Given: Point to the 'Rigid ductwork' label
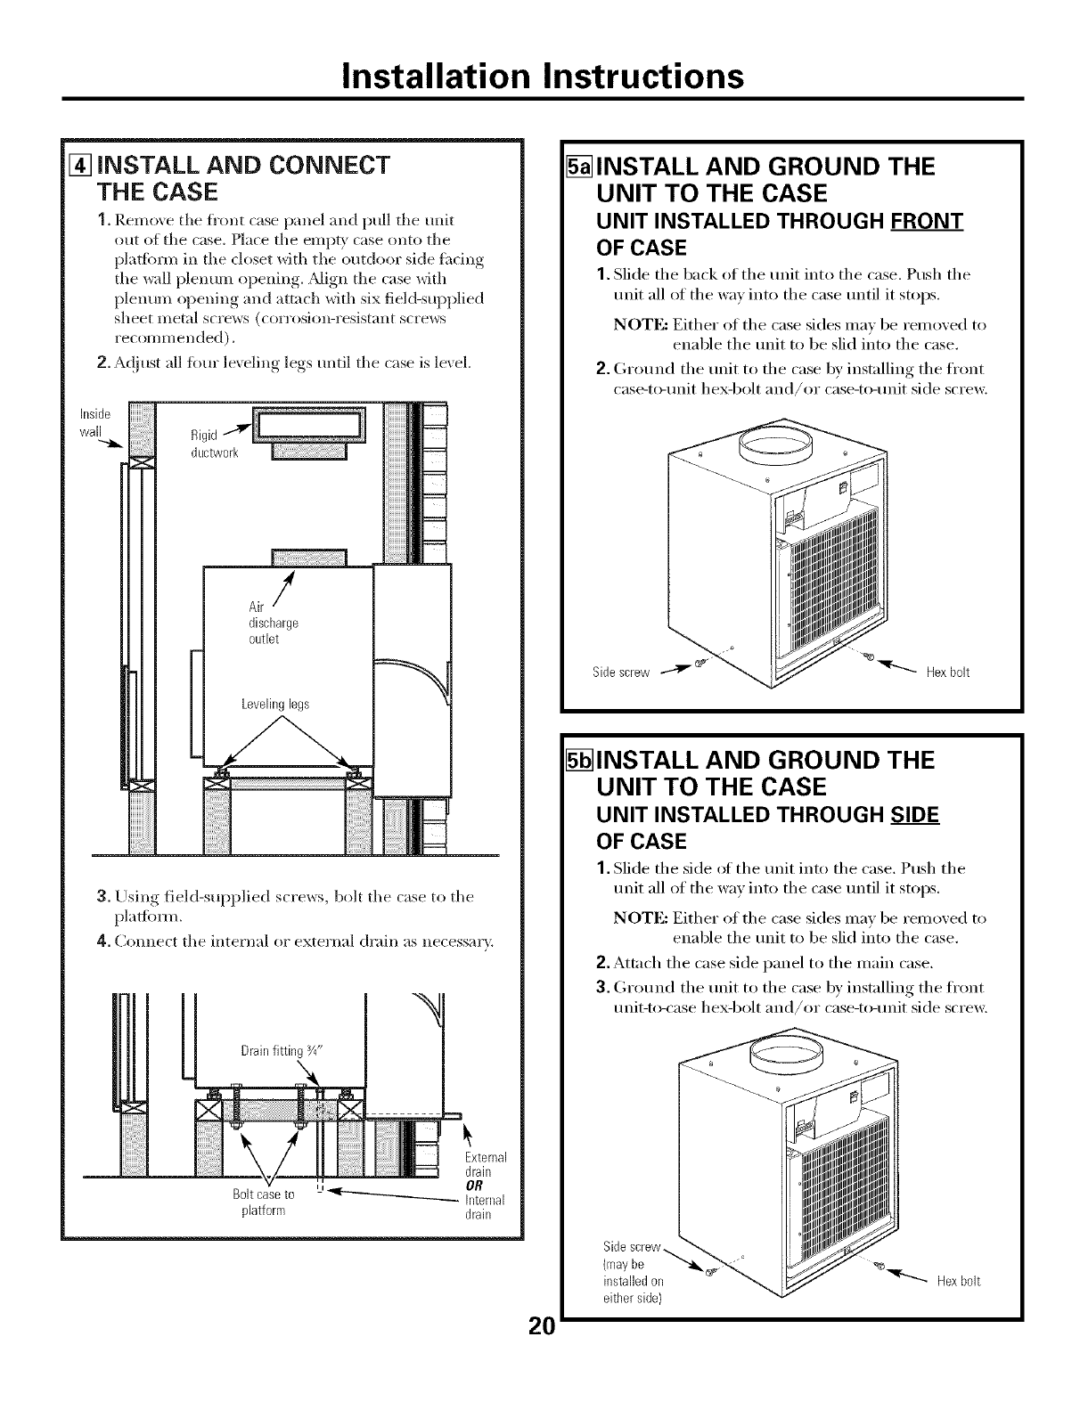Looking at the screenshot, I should tap(210, 443).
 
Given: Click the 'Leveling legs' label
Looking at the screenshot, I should tap(275, 704).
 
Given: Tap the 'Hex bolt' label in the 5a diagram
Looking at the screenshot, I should tap(948, 672).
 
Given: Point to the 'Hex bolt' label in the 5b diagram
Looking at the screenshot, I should tap(958, 1282).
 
